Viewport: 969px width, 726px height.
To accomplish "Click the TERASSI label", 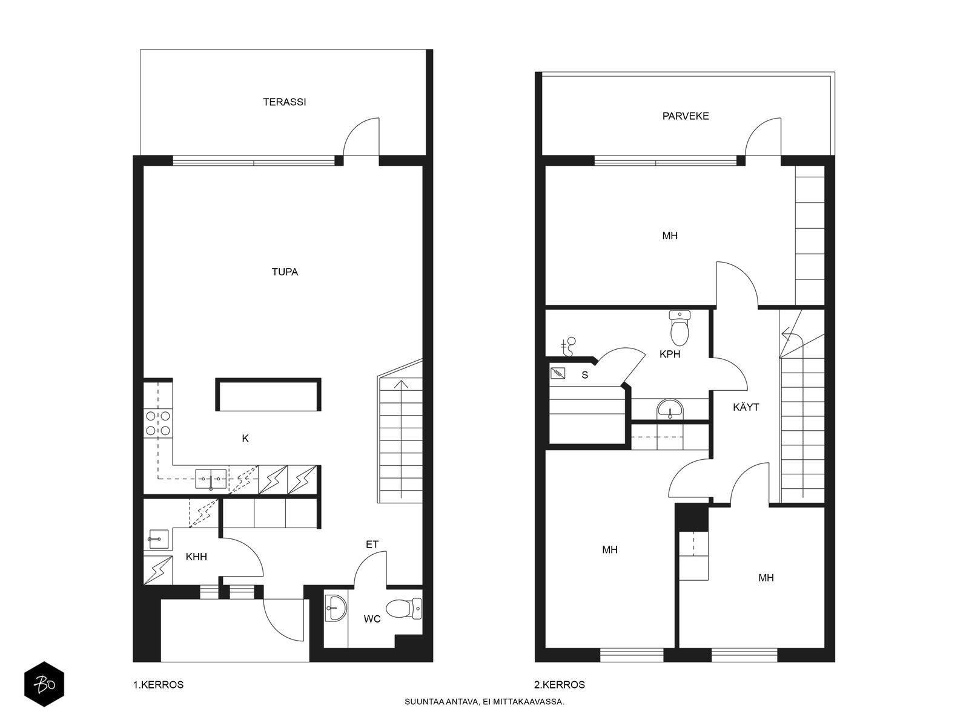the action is coord(284,102).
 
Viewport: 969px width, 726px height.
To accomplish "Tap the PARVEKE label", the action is coord(686,116).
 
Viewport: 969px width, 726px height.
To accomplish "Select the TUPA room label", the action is coord(285,272).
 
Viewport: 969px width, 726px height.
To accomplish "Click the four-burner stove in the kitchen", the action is coord(157,423).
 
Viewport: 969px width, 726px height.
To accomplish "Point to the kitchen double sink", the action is coord(211,479).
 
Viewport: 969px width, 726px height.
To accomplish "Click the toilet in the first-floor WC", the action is coord(404,609).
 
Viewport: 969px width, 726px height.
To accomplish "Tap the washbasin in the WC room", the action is coord(336,608).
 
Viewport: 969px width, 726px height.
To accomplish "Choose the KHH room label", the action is coord(196,557).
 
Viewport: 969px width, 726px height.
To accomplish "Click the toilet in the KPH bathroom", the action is coord(680,327).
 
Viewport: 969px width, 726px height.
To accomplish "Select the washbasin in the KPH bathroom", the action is coord(670,408).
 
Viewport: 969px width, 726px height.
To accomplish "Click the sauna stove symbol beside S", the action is coord(558,374).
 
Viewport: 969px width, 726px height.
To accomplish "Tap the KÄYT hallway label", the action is coord(746,407).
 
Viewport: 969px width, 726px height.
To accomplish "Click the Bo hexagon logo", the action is coord(44,684).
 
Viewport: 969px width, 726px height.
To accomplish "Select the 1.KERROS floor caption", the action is coord(159,685).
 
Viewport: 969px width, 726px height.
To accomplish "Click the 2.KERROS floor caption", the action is coord(560,685).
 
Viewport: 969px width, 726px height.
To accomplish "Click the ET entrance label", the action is coord(372,544).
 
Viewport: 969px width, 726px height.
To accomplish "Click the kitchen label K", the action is coord(245,438).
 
